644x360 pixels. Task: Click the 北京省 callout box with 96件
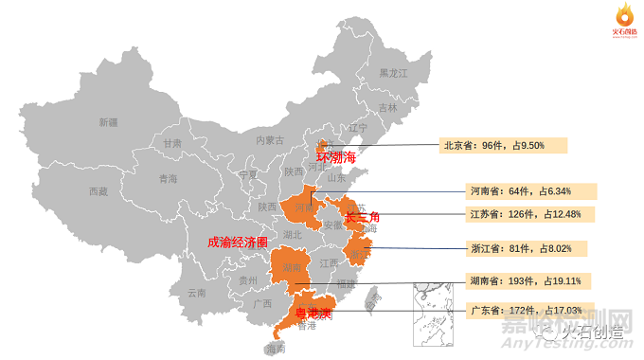pos(504,146)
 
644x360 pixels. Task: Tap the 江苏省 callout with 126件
pos(531,213)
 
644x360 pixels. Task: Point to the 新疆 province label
pos(109,122)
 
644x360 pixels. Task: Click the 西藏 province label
pos(98,191)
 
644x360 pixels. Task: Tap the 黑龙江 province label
pos(393,73)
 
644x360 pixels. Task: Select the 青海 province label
pos(168,178)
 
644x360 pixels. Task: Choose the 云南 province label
pos(197,293)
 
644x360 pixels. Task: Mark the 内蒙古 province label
pos(270,139)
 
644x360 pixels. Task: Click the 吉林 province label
pos(388,108)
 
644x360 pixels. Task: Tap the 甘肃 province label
pos(171,143)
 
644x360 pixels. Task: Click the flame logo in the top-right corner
pos(622,16)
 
